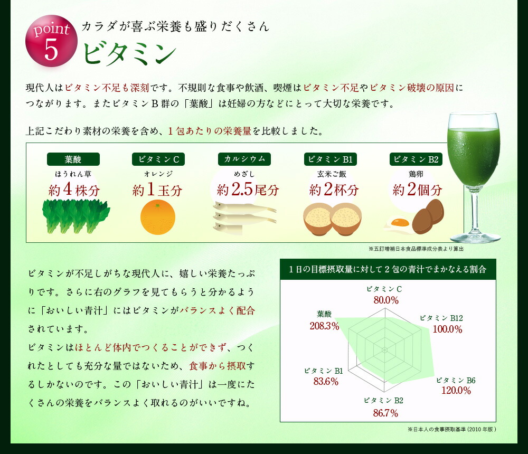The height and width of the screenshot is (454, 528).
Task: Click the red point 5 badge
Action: [51, 41]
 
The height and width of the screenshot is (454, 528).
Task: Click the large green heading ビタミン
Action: [130, 53]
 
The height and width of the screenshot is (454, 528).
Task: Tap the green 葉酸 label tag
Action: [73, 159]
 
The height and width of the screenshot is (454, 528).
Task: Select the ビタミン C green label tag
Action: [158, 159]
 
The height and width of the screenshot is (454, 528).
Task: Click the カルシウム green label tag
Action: [244, 159]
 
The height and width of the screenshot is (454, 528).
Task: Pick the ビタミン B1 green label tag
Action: [331, 159]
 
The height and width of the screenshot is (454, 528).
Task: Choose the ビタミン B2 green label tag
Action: [416, 159]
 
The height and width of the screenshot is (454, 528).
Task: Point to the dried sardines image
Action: [244, 218]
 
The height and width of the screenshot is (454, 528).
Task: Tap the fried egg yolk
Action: [400, 223]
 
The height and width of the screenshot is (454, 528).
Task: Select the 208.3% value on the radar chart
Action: [324, 326]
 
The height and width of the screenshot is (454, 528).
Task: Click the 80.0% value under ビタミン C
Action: [386, 300]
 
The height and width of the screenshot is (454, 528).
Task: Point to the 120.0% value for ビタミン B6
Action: [456, 391]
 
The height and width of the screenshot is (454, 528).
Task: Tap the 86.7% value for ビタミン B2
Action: [385, 413]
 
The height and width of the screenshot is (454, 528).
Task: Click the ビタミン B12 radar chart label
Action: [441, 318]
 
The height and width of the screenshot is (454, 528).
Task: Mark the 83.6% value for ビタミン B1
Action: [326, 382]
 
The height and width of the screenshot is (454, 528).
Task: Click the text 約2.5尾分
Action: [248, 190]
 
